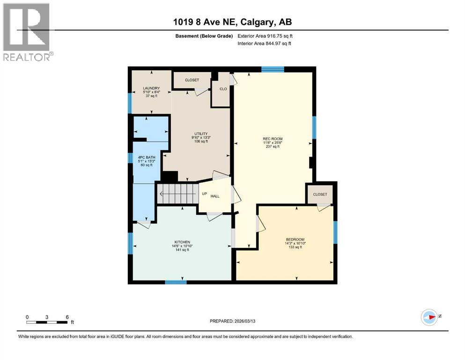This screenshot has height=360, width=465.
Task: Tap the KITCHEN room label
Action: click(180, 242)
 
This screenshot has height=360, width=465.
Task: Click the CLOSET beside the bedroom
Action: click(320, 194)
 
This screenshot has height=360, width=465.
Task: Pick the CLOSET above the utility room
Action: click(192, 80)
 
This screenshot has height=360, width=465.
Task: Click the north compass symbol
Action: click(429, 317)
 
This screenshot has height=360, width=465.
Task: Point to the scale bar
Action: click(47, 322)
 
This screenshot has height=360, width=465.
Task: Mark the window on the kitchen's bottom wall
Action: click(176, 282)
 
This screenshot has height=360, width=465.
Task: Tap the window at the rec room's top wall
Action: click(273, 69)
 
